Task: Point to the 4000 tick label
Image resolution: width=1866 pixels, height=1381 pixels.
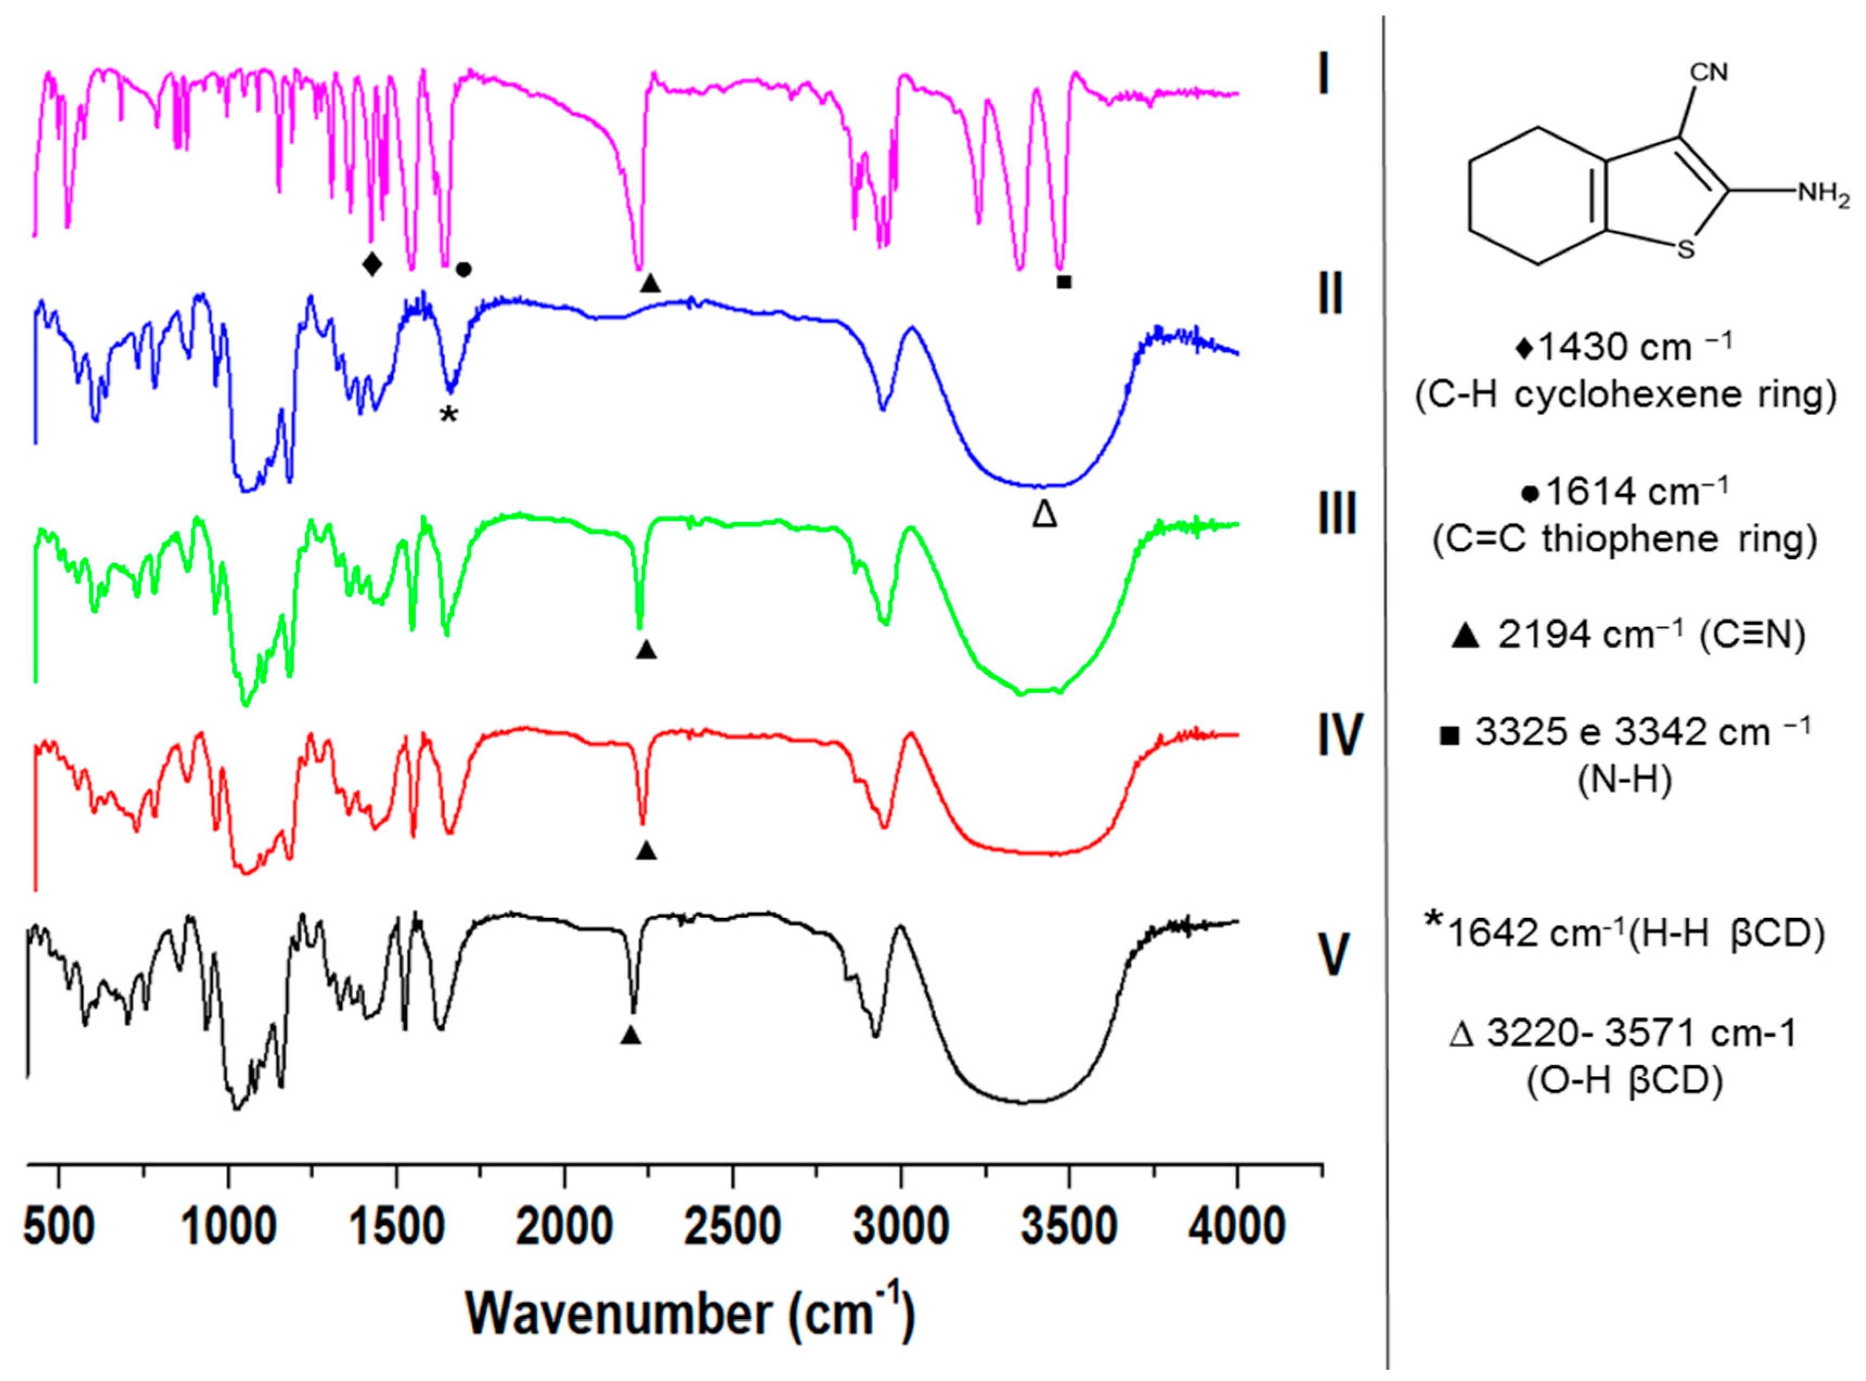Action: [1237, 1227]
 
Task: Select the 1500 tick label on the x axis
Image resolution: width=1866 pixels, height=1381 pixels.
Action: [396, 1227]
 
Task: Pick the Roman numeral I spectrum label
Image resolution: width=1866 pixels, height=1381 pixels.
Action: [1323, 75]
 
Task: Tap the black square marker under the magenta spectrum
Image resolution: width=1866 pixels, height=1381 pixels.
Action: [1064, 282]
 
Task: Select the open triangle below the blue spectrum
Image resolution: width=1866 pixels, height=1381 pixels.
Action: [1045, 513]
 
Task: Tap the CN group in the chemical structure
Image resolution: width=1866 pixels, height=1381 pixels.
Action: [1709, 73]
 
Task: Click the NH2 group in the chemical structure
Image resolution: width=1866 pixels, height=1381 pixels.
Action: [1823, 195]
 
